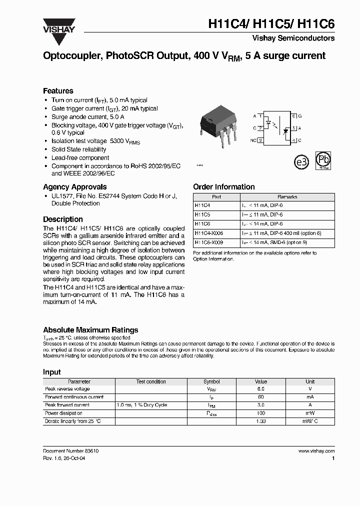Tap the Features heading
coord(58,91)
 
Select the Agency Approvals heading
coord(74,187)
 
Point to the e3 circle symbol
coord(300,162)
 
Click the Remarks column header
coord(287,197)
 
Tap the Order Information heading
coord(223,187)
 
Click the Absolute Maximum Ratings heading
coord(90,330)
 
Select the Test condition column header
coord(151,381)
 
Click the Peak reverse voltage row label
coord(67,389)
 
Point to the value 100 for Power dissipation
coord(260,413)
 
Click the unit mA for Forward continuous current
coord(310,397)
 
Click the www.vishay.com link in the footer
coord(316,451)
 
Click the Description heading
coord(63,219)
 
